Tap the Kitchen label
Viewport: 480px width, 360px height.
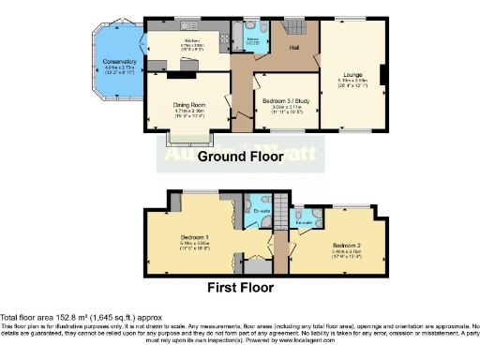pos(192,41)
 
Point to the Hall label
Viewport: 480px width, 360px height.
pos(293,46)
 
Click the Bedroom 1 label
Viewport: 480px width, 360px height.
pos(194,237)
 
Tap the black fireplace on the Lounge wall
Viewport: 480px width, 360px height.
pos(382,74)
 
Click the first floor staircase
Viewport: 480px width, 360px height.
pos(278,208)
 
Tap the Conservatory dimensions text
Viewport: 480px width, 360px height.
pos(120,70)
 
